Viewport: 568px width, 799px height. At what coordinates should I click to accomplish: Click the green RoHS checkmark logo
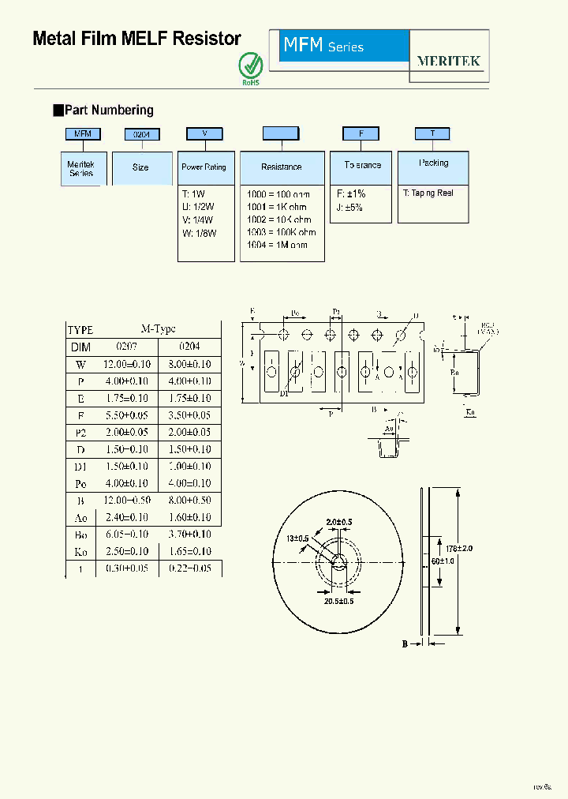[x=250, y=66]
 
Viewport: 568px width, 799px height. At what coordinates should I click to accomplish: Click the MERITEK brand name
[x=448, y=61]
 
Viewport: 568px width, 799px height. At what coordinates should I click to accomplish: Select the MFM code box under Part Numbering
[x=83, y=134]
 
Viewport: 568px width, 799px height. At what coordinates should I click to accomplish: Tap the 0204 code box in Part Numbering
[x=142, y=135]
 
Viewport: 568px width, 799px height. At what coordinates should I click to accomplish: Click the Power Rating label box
[x=204, y=167]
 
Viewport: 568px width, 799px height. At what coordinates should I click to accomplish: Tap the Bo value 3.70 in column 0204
[x=189, y=535]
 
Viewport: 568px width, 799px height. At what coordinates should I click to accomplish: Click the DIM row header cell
[x=80, y=347]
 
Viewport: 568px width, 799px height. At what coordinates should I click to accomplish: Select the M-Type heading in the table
[x=158, y=330]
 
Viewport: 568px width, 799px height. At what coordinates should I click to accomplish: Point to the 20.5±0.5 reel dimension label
[x=338, y=601]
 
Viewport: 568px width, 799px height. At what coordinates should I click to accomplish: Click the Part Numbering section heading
[x=108, y=111]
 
